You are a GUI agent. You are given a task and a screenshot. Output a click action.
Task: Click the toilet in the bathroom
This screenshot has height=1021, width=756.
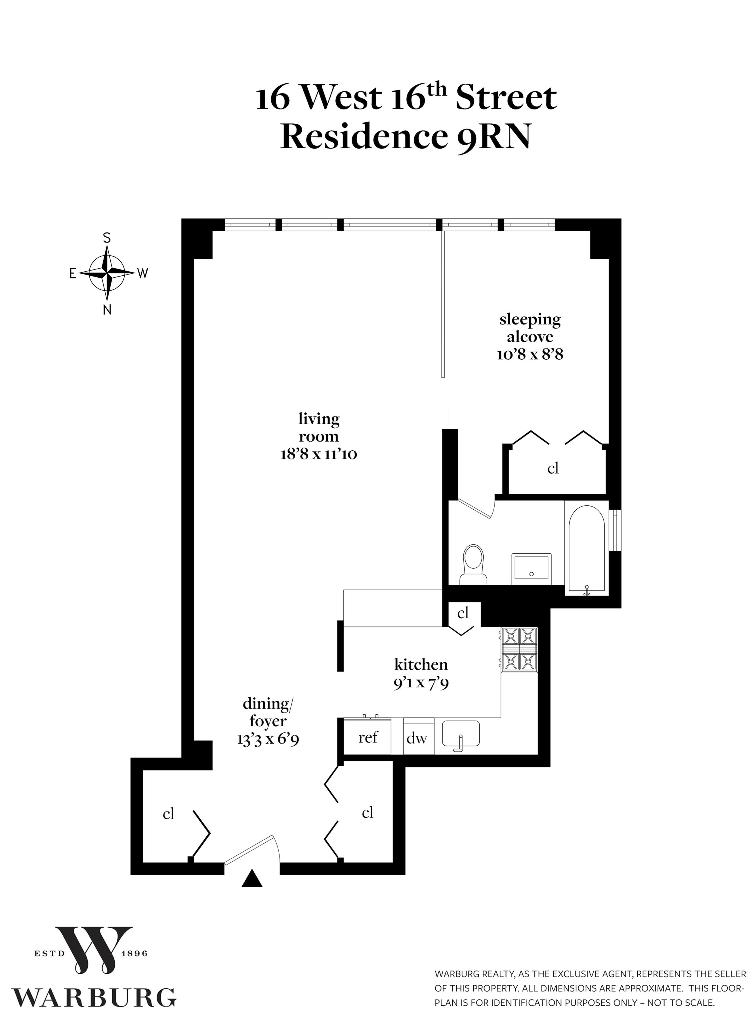(x=473, y=564)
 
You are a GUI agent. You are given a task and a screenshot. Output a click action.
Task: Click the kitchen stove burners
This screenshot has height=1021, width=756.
(x=519, y=649)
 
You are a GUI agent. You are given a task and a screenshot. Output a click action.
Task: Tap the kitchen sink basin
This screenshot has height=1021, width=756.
(x=460, y=733)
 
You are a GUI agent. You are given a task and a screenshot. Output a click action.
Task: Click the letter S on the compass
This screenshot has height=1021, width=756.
(x=107, y=238)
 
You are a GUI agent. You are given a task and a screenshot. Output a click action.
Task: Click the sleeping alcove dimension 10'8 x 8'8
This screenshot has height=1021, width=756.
(x=530, y=354)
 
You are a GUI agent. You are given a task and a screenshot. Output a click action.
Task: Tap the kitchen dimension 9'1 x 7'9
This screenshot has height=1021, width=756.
(x=421, y=683)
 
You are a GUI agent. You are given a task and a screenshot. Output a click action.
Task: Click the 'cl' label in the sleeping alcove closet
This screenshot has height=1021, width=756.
(x=553, y=469)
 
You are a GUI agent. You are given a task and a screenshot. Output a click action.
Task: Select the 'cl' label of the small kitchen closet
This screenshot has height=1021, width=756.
(x=463, y=613)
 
